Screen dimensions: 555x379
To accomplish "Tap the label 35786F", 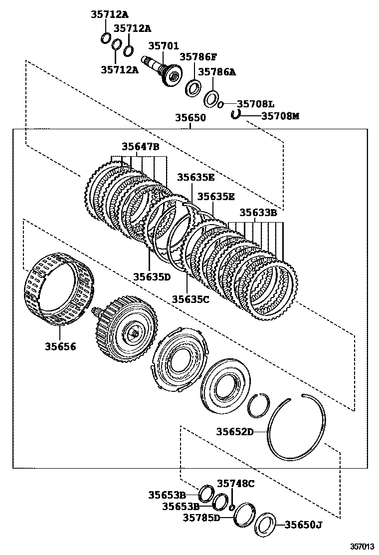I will tap(198, 57).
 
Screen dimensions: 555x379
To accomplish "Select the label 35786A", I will tap(217, 72).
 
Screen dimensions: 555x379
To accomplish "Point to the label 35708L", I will tap(256, 104).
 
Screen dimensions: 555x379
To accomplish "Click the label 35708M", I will tap(280, 116).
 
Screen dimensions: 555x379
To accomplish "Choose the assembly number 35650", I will tap(190, 118).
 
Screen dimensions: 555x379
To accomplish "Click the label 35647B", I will tap(141, 147).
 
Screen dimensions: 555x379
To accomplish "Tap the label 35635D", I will tap(152, 276).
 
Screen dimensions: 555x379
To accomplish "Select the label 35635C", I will tap(190, 299).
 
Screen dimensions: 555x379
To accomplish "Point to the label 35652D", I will tap(235, 432).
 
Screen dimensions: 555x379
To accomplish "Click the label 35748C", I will tap(236, 483).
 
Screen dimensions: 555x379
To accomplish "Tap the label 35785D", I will tap(201, 518).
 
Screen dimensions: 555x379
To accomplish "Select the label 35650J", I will tap(304, 525).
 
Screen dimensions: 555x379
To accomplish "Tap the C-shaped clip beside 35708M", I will tap(236, 115).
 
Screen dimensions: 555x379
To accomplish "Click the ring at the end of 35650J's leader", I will tap(265, 527).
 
